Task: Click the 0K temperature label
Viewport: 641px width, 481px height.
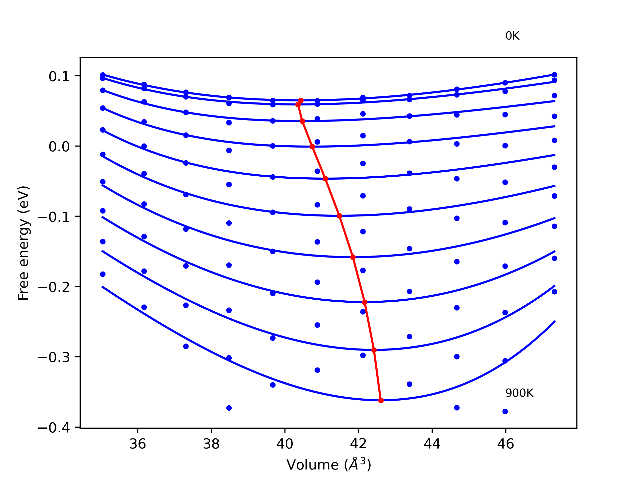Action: point(512,36)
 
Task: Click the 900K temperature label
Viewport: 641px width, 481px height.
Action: point(519,393)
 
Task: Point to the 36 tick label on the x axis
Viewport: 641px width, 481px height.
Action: point(137,444)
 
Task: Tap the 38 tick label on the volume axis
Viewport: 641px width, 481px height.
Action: point(211,444)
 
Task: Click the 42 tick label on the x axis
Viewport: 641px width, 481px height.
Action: point(359,444)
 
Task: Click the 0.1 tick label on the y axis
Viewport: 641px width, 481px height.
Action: point(59,77)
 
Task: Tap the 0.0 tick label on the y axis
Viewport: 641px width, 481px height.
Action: point(59,147)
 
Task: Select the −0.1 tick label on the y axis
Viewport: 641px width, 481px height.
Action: point(54,217)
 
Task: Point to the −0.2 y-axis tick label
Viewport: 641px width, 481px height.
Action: point(54,287)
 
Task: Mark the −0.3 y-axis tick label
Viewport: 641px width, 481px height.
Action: point(54,357)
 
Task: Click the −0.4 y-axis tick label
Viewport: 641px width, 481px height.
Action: point(54,428)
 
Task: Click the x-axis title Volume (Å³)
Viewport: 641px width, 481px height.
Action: point(329,464)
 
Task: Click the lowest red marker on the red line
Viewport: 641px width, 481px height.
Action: point(381,400)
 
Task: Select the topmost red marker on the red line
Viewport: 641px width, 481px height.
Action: point(301,101)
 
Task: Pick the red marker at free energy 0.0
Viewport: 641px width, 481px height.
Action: point(312,147)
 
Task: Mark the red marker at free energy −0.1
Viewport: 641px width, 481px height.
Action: point(339,216)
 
